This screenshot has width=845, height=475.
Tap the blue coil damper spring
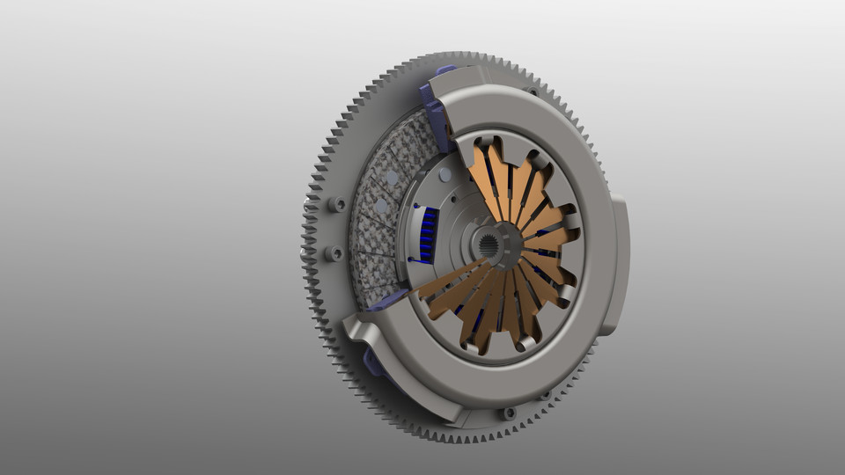coord(429,236)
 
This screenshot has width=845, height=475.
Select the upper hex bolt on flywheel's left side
coord(337,204)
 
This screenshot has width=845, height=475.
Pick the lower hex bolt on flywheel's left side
coord(334,253)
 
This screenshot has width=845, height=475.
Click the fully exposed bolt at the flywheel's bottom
coord(508,413)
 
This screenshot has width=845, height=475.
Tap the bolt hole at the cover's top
coord(531,90)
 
